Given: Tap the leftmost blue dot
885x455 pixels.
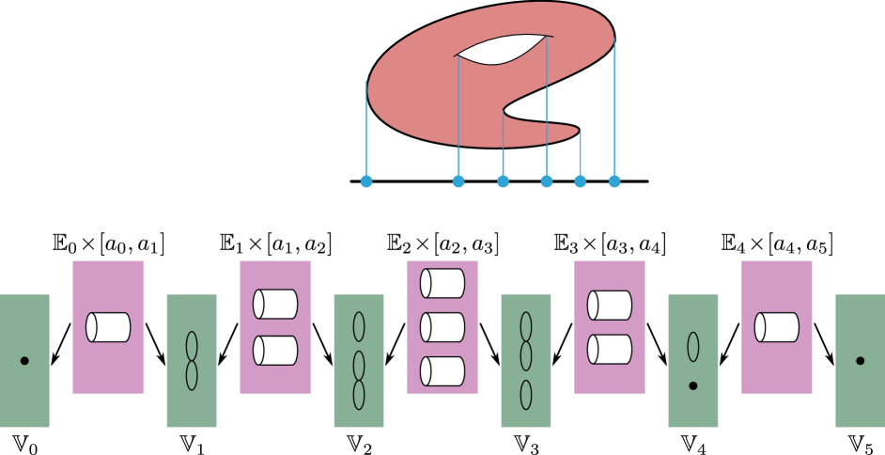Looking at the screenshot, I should [x=366, y=181].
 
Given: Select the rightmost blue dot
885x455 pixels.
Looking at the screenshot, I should [x=614, y=181].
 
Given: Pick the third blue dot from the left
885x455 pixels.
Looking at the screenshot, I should [x=504, y=181].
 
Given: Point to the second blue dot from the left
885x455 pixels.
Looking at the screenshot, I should [x=458, y=181].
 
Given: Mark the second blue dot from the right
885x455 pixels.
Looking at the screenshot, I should [x=581, y=181].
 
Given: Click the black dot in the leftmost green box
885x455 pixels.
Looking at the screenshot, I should [x=24, y=361].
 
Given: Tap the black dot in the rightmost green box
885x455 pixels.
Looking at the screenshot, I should [x=860, y=361].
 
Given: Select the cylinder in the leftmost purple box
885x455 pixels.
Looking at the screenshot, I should [x=108, y=327].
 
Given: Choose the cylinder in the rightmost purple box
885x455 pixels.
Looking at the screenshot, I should [x=777, y=327].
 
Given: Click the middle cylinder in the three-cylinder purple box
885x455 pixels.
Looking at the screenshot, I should [x=442, y=327].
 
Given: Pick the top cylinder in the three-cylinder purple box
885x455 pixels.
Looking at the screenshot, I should [x=442, y=283].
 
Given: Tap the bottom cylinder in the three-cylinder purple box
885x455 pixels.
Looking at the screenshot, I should [x=442, y=371].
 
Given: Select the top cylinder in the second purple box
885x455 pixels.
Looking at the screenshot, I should [x=275, y=304].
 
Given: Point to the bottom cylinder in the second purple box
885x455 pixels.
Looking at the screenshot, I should [x=275, y=351].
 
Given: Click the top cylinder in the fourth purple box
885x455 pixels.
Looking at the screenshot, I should [x=610, y=305].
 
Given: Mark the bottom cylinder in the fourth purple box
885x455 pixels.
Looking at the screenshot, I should [x=610, y=350].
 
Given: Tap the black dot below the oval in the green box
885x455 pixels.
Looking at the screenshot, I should [x=693, y=385].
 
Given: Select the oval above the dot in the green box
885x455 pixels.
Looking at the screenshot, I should [x=693, y=346].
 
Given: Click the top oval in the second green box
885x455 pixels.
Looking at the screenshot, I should [x=192, y=346].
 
